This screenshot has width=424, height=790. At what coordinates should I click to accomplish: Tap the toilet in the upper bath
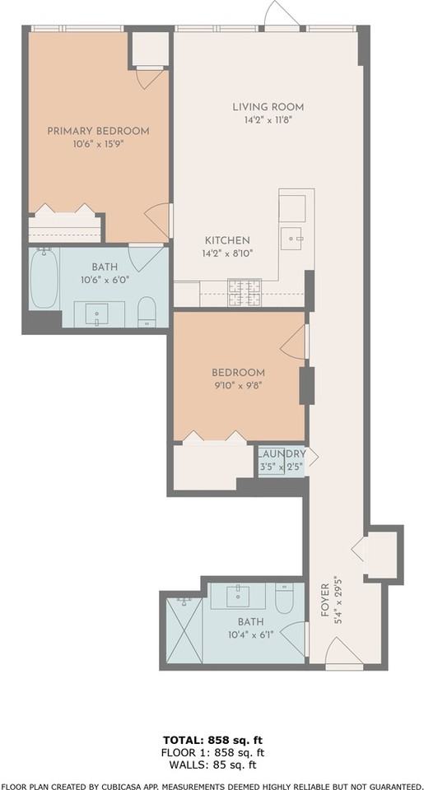click(147, 311)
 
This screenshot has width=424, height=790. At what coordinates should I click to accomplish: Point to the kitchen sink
click(292, 239)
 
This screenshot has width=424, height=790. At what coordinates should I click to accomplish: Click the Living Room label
click(268, 107)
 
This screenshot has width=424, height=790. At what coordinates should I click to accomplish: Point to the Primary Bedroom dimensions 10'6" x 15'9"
click(98, 145)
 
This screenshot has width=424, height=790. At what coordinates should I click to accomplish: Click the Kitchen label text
click(222, 240)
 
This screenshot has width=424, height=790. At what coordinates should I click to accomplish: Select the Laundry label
click(282, 454)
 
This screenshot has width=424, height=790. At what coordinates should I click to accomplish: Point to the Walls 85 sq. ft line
click(212, 763)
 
